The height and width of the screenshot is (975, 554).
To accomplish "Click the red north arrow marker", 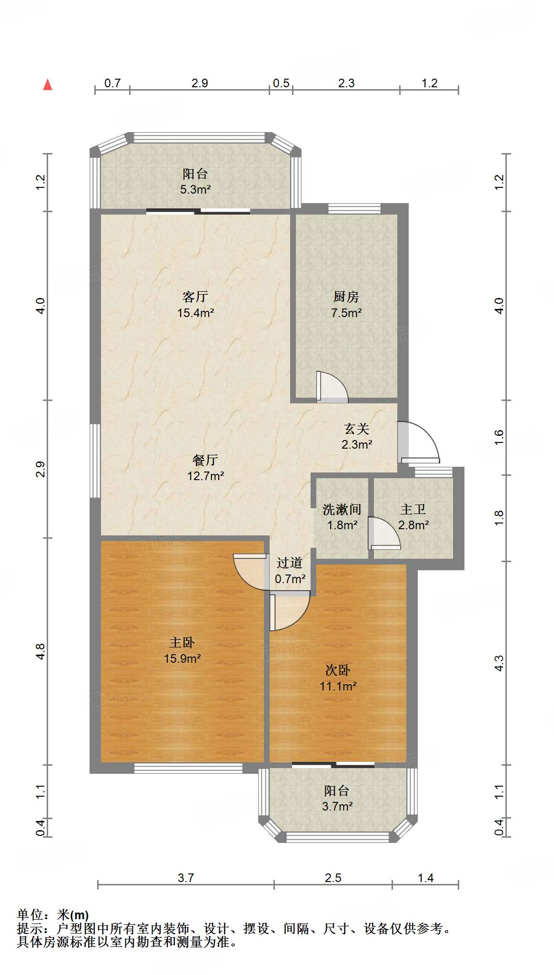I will (48, 85).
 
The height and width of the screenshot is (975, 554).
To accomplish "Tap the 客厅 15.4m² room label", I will (195, 305).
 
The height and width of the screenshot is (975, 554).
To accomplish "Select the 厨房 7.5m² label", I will (346, 305).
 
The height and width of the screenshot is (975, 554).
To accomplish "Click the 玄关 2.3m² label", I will (357, 436).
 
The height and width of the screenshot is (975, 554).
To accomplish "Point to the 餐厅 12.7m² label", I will (205, 467).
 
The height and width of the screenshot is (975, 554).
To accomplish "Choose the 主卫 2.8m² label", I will (413, 517).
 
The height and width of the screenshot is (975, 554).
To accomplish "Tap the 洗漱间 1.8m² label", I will (342, 517).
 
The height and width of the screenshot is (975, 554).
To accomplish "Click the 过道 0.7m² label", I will (290, 571).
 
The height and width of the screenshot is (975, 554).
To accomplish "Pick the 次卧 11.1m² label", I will (338, 677).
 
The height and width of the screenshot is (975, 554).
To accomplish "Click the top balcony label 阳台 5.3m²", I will (195, 181).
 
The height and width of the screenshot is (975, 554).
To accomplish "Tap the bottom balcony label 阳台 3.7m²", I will (337, 798).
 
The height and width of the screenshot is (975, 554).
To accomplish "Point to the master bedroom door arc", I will (249, 573).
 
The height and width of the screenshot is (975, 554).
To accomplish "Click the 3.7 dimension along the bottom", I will (186, 878).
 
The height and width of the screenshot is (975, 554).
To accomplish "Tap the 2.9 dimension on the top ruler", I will (200, 83).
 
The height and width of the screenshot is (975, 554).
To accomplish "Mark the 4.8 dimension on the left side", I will (41, 651).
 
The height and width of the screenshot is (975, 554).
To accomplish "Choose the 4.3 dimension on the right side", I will (499, 663).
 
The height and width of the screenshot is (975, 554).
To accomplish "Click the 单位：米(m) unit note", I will (53, 915).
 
